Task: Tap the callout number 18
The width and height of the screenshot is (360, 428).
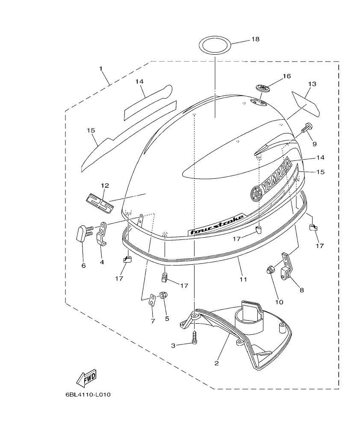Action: pyautogui.click(x=255, y=39)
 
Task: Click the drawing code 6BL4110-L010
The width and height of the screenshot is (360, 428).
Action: pyautogui.click(x=88, y=394)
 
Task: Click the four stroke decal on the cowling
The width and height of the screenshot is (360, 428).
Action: pyautogui.click(x=217, y=224)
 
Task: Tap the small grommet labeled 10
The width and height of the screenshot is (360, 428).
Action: pyautogui.click(x=270, y=270)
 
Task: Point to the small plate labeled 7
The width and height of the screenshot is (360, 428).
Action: pyautogui.click(x=152, y=300)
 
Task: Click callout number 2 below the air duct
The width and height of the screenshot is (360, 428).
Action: pyautogui.click(x=217, y=363)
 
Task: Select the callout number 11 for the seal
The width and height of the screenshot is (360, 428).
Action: pyautogui.click(x=243, y=280)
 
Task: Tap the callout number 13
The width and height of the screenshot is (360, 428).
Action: pyautogui.click(x=312, y=84)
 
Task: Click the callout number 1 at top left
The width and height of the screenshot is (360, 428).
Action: pyautogui.click(x=101, y=68)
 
